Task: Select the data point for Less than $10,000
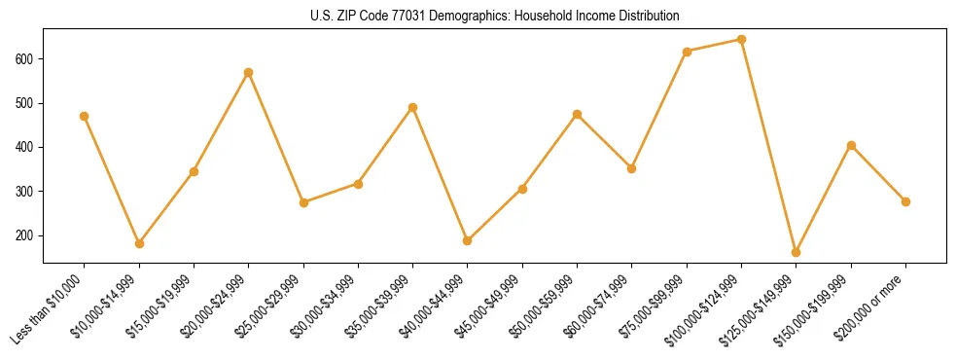coord(85,116)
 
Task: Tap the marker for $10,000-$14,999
coord(139,243)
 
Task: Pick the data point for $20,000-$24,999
coord(249,72)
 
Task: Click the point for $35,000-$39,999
coord(413,107)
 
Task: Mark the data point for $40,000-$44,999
coord(468,240)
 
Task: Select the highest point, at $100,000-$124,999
coord(742,40)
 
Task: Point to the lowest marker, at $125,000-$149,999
coord(797,252)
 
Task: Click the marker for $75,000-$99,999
coord(688,52)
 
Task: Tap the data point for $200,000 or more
coord(906,201)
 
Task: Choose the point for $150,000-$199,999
coord(852,145)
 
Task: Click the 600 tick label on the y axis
coord(26,58)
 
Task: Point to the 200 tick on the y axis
coord(26,235)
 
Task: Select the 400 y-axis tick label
coord(26,147)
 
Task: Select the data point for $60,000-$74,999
coord(632,168)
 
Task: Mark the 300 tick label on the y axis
coord(26,192)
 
